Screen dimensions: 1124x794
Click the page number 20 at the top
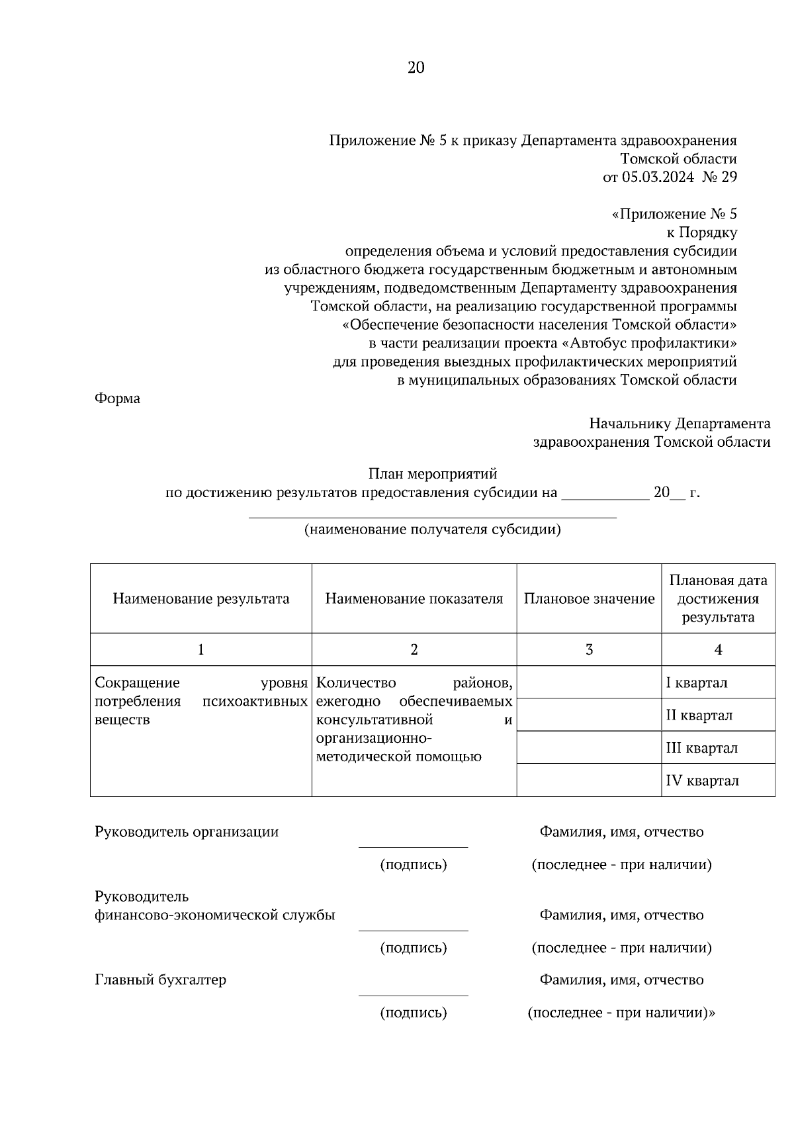(416, 68)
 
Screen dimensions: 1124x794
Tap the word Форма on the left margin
(118, 398)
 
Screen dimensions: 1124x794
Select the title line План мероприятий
(432, 474)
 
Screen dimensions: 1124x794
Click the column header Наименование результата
(201, 599)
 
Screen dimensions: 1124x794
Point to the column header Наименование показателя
(414, 599)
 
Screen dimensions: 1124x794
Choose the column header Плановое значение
(589, 599)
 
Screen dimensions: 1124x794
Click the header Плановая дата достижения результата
(718, 599)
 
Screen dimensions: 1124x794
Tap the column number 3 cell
(589, 649)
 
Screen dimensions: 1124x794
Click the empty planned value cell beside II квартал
(589, 715)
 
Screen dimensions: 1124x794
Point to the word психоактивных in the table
(255, 701)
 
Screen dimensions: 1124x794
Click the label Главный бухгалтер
(161, 980)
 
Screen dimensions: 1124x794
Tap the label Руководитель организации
(187, 832)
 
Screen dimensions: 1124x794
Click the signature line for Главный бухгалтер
(413, 994)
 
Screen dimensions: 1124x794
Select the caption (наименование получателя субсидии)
(432, 530)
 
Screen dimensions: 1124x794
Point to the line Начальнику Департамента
(680, 424)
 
